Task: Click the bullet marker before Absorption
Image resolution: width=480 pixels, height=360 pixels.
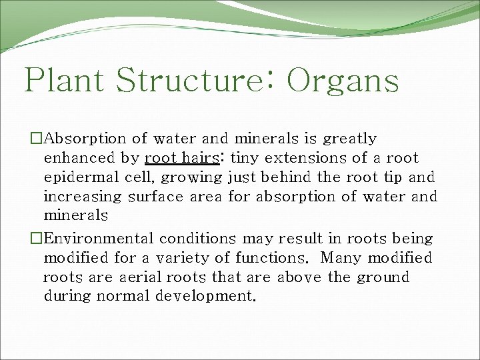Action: (x=36, y=139)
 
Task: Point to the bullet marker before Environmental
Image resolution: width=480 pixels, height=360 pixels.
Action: (x=36, y=239)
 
